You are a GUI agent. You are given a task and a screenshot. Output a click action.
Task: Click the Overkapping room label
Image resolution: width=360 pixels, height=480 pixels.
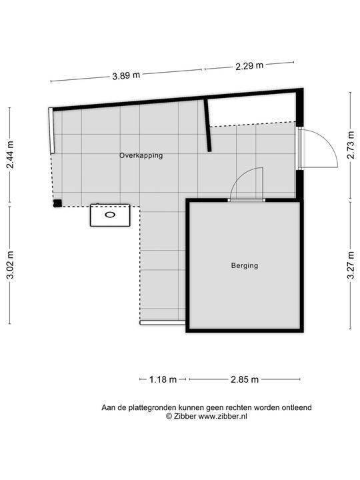pyautogui.click(x=141, y=155)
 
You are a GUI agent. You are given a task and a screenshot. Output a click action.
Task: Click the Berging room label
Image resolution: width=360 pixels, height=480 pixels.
pyautogui.click(x=244, y=265)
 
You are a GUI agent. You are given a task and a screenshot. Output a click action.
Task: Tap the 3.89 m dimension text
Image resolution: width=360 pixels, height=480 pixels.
pyautogui.click(x=126, y=75)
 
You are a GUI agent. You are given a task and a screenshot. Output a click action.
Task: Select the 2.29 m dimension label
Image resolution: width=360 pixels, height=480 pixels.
pyautogui.click(x=249, y=65)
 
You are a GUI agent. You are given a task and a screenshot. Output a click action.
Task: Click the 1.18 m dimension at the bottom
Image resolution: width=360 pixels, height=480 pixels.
pyautogui.click(x=163, y=379)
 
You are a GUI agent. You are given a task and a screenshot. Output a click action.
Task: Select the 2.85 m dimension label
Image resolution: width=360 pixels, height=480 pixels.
pyautogui.click(x=245, y=379)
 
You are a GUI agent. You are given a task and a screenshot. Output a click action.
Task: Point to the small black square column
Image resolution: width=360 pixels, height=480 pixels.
pyautogui.click(x=57, y=203)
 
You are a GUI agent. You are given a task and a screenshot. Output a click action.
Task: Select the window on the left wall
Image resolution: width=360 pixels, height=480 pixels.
pyautogui.click(x=50, y=131)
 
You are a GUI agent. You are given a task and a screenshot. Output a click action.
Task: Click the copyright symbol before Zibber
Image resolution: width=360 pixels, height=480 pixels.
pyautogui.click(x=169, y=416)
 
